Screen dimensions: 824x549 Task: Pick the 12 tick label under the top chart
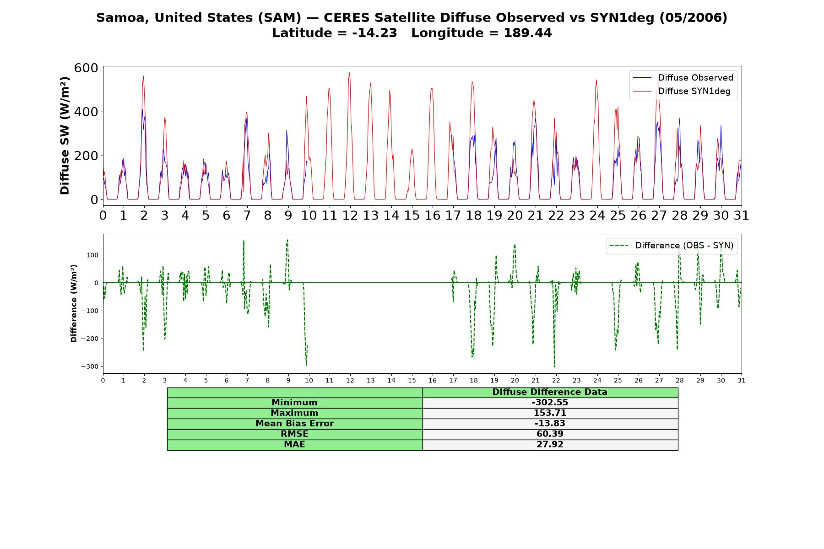(350, 215)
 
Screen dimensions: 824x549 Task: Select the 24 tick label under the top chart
(597, 215)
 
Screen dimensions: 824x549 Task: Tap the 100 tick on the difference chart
(92, 255)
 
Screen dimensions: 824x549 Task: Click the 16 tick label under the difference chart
(433, 381)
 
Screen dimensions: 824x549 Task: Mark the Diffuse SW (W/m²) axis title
(65, 136)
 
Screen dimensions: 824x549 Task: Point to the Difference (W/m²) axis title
(74, 303)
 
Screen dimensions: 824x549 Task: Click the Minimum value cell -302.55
(550, 403)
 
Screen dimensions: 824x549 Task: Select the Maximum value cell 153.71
(550, 413)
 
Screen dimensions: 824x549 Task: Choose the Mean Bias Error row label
(294, 424)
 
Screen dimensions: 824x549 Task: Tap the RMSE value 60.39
(550, 434)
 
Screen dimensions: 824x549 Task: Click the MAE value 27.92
(550, 445)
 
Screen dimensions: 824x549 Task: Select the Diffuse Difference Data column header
(550, 392)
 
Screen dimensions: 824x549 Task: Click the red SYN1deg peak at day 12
(349, 72)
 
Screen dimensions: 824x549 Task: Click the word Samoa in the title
(122, 18)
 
